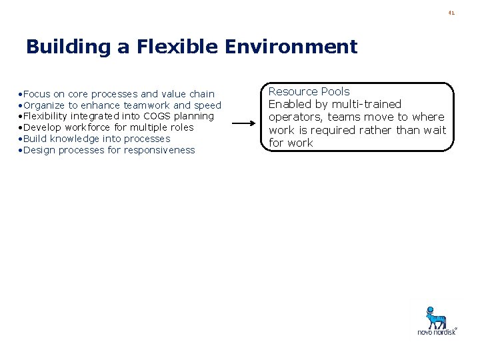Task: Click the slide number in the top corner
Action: click(x=451, y=12)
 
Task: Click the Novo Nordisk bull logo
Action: click(x=437, y=316)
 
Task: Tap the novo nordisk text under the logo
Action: click(x=437, y=331)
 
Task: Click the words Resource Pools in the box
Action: click(x=309, y=91)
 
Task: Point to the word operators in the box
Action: click(x=293, y=117)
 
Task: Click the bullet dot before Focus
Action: click(x=21, y=94)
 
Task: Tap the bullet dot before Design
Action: click(x=21, y=150)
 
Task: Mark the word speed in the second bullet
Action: click(x=207, y=105)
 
